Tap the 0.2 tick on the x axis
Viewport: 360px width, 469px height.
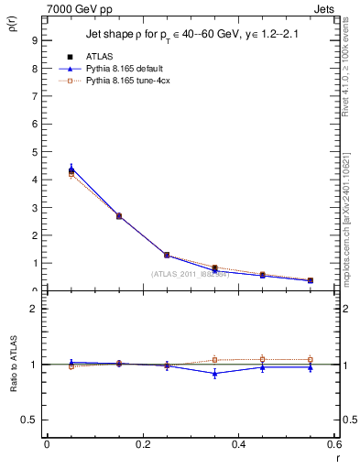(x=142, y=444)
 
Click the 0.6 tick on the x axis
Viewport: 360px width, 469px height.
(x=334, y=444)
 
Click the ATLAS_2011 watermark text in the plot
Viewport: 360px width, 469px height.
(x=190, y=274)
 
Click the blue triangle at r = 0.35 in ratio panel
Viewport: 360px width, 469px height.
(x=215, y=373)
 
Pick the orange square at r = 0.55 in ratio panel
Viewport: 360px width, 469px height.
(x=311, y=360)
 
